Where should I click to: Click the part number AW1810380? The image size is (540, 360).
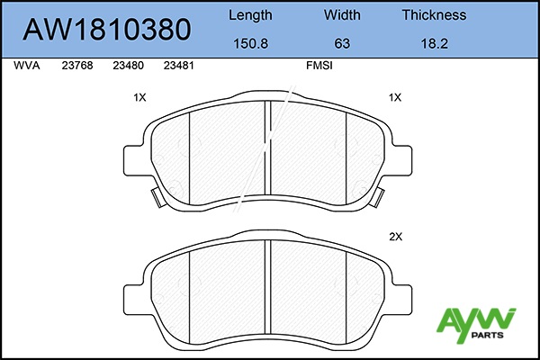tap(107, 30)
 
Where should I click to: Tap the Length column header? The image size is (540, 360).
tap(250, 15)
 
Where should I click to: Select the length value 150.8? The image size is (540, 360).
tap(250, 43)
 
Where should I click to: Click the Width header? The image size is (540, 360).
tap(342, 14)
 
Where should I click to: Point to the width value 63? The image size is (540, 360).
tap(342, 43)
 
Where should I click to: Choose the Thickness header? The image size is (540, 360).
tap(435, 14)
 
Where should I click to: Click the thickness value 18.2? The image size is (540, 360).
tap(435, 43)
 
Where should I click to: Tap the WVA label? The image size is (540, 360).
tap(27, 66)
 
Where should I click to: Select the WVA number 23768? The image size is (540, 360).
tap(77, 66)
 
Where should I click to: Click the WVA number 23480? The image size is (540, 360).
tap(128, 66)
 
